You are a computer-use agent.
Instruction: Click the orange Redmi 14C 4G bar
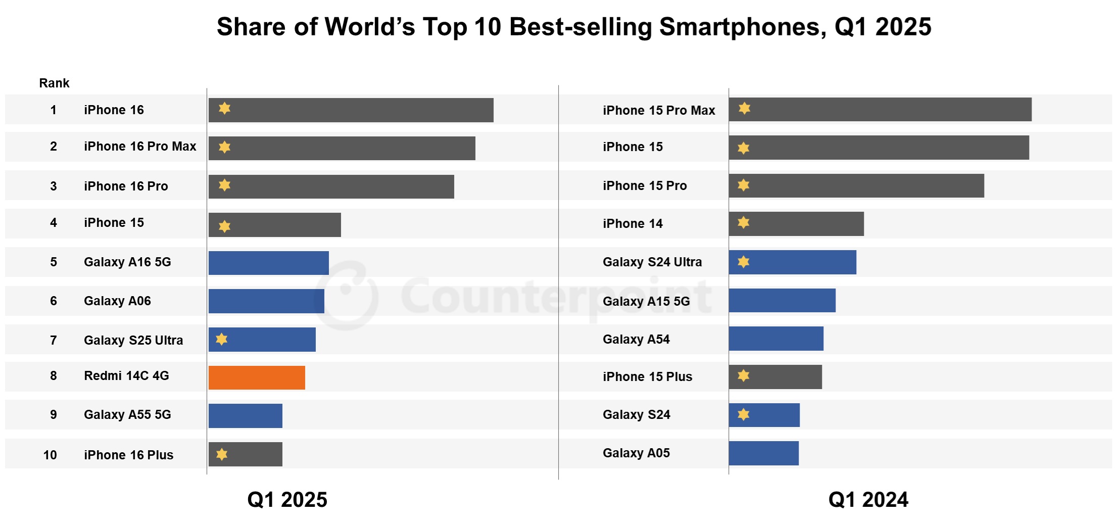(x=257, y=377)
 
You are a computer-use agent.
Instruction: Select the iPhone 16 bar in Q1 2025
(x=351, y=110)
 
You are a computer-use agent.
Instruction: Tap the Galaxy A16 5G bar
(x=268, y=263)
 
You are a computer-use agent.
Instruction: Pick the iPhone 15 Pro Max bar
(x=880, y=110)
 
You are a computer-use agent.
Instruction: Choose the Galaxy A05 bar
(x=763, y=453)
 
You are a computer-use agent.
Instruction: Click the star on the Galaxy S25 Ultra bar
(x=222, y=339)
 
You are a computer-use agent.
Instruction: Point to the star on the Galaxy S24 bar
(x=743, y=414)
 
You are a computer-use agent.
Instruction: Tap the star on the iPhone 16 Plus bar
(x=222, y=454)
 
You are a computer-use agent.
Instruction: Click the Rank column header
(x=54, y=83)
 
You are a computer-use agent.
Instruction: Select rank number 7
(x=54, y=340)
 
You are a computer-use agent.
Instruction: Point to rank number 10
(x=50, y=455)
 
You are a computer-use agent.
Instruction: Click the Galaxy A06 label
(x=117, y=301)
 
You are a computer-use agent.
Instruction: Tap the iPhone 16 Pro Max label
(x=140, y=147)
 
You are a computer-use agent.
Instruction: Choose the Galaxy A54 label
(x=636, y=340)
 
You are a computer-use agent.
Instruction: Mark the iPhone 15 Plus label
(x=647, y=377)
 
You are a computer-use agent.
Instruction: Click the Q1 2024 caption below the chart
(x=868, y=500)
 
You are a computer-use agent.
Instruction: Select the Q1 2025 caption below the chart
(x=287, y=500)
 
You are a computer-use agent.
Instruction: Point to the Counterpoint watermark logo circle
(x=347, y=296)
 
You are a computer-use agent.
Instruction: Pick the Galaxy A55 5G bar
(x=246, y=416)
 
